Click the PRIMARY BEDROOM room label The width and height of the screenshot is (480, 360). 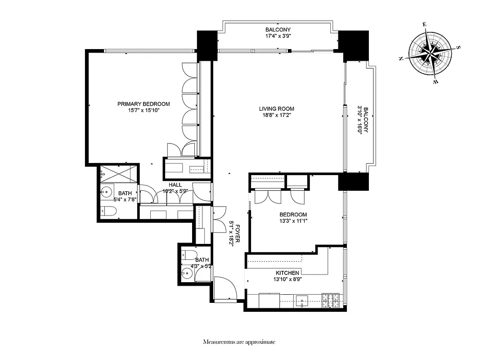point(144,104)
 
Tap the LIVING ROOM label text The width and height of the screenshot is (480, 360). point(276,108)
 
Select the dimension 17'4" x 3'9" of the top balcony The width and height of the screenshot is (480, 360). point(278,37)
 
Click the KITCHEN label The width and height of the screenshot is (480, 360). point(287,273)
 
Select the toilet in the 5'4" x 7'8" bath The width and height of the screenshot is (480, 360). point(107,211)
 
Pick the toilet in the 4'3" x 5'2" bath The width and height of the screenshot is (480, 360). point(189,256)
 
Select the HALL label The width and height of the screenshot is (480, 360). point(175,185)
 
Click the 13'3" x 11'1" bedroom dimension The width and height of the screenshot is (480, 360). point(293,221)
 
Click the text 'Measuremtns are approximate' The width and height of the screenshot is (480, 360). point(239,342)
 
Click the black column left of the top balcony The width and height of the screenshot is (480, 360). point(207,45)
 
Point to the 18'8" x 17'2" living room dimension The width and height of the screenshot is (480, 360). point(276,115)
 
